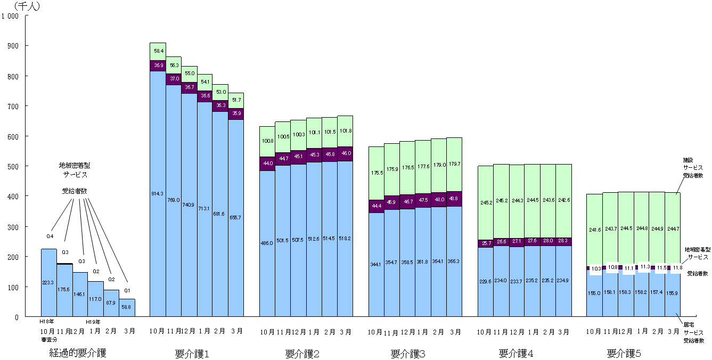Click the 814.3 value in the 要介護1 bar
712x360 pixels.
click(x=158, y=194)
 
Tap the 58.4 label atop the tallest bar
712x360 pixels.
click(x=158, y=51)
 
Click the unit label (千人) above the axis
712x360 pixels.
click(x=27, y=6)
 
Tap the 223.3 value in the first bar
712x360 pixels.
click(x=48, y=283)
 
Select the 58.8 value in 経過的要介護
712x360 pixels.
click(x=127, y=307)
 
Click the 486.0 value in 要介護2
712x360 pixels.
click(x=267, y=243)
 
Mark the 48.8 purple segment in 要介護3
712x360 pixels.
click(x=454, y=199)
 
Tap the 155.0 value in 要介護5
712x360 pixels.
click(x=594, y=293)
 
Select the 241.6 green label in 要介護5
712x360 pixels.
click(x=594, y=230)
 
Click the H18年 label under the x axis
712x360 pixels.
click(x=47, y=322)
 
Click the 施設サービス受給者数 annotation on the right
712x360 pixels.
click(x=693, y=167)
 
